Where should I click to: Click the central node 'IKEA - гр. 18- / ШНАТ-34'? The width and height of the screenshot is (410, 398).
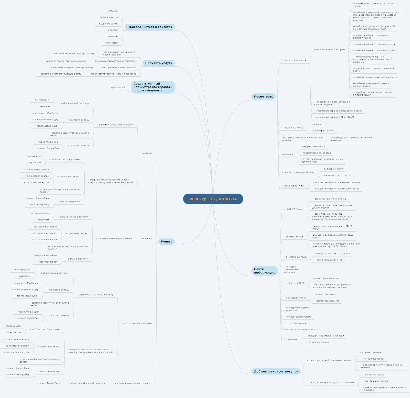tap(213, 199)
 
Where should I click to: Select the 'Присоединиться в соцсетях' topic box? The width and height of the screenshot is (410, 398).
tap(150, 27)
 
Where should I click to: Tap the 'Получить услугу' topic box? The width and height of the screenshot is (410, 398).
tap(159, 63)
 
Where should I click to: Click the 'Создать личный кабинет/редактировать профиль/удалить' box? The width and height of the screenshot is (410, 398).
tap(153, 87)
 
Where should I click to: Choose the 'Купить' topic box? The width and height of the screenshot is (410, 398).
tap(166, 242)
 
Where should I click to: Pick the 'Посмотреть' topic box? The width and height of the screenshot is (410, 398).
tap(263, 97)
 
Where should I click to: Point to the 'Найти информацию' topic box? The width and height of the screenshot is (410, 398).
tap(264, 271)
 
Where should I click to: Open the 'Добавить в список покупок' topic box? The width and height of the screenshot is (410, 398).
tap(276, 371)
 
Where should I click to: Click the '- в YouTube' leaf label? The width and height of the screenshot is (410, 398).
tap(112, 30)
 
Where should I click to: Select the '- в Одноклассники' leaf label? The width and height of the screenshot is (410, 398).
tap(108, 24)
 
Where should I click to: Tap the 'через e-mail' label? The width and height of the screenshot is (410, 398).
tap(118, 87)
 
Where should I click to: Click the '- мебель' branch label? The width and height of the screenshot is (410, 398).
tap(147, 153)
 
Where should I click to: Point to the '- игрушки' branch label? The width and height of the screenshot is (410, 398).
tap(146, 238)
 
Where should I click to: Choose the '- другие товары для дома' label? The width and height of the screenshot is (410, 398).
tap(137, 323)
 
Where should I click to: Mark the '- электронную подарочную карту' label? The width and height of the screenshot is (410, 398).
tap(132, 383)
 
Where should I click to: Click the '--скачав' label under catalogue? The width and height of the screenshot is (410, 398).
tap(316, 124)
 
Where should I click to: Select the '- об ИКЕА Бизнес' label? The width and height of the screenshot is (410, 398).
tap(294, 209)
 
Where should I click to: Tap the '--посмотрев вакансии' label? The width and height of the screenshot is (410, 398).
tap(325, 278)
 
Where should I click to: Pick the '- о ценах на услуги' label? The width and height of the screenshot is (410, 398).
tap(295, 323)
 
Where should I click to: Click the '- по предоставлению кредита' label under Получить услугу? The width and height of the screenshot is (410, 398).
tap(119, 67)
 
